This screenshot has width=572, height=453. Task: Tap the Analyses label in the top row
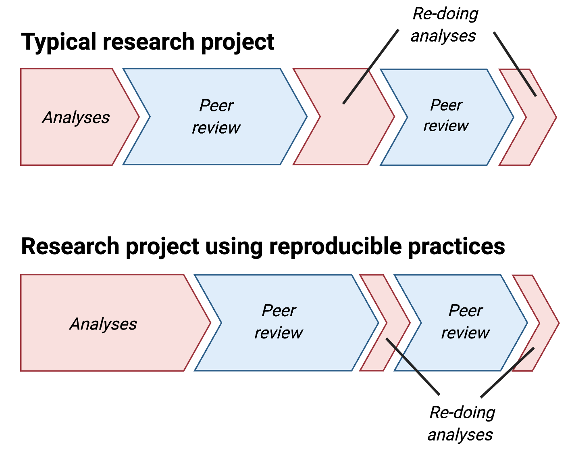point(76,117)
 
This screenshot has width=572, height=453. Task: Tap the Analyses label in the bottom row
point(103,324)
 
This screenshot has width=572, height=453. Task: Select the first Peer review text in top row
point(216,117)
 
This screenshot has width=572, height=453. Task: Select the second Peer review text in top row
point(446,115)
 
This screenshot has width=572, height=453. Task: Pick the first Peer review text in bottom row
point(279,321)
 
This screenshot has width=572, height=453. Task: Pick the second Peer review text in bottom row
point(465,321)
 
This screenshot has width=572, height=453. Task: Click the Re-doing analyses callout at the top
point(444,25)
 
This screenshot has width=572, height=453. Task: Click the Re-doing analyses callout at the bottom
point(461,424)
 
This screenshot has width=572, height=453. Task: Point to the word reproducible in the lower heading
point(335,246)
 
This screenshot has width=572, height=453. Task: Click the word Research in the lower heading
point(69,246)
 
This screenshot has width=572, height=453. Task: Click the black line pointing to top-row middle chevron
point(370,67)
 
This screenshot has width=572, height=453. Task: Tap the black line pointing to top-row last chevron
point(515,64)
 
